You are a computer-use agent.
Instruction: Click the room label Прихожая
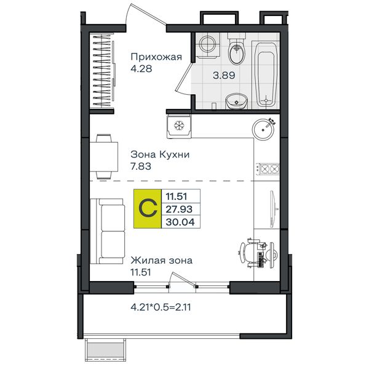pos(156,57)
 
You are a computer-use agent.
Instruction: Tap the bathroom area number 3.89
pos(224,76)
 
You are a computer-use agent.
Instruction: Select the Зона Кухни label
pos(160,154)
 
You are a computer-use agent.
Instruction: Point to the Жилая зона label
pos(161,261)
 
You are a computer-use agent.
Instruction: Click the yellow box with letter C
pos(148,208)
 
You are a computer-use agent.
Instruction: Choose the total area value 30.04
pos(180,222)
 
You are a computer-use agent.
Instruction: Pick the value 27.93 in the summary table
pos(179,209)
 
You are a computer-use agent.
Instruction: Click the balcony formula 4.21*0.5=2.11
pos(161,307)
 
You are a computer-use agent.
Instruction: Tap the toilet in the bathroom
pos(237,50)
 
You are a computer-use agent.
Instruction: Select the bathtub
pos(266,75)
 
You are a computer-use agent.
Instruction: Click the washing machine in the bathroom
pos(207,46)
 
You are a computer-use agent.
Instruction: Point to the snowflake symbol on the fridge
pos(179,125)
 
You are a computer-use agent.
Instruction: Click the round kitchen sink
pos(263,129)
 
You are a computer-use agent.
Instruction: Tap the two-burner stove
pos(268,169)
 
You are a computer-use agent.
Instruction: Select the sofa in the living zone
pos(108,231)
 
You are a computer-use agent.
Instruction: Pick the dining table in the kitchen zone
pos(104,157)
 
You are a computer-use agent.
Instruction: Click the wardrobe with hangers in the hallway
pos(102,70)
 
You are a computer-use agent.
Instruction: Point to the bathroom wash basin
pos(237,101)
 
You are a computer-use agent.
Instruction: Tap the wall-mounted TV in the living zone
pos(273,209)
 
